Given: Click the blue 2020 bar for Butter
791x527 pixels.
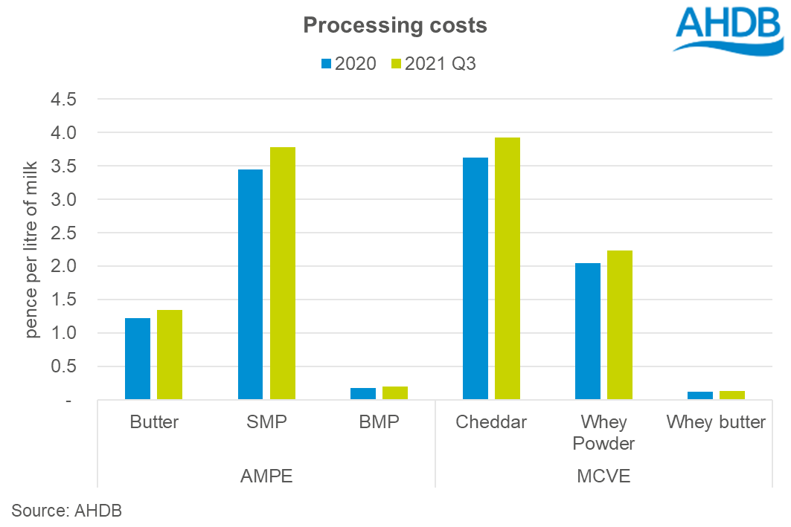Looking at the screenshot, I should coord(138,359).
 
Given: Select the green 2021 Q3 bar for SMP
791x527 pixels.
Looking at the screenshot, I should coord(283,274).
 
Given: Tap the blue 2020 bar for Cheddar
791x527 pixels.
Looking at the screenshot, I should coord(475,279).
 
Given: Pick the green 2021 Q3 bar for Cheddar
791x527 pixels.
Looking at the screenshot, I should coord(507,268).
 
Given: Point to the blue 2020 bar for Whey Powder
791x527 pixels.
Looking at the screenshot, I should coord(588,332).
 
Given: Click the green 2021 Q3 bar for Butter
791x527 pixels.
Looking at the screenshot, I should coord(170,355).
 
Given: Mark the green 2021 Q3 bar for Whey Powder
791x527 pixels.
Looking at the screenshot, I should coord(620,325).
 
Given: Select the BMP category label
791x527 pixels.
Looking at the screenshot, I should coord(379,422).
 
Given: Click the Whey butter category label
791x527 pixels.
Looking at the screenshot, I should coord(716,422).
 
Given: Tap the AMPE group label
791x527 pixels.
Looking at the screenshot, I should coord(266,476).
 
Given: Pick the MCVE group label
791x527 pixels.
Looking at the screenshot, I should coord(603,476).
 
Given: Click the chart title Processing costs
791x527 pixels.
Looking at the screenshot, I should coord(395,26).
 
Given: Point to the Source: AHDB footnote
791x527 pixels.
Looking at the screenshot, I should coord(66,511).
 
